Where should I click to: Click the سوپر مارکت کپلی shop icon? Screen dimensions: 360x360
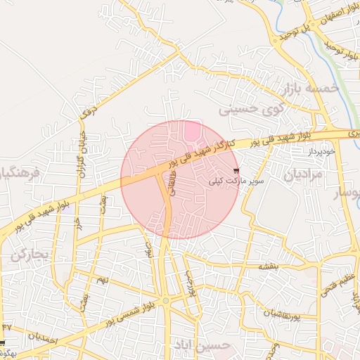pyautogui.click(x=236, y=171)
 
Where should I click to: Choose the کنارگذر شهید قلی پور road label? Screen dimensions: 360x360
pyautogui.click(x=205, y=151)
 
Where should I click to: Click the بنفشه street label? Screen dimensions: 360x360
pyautogui.click(x=269, y=266)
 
